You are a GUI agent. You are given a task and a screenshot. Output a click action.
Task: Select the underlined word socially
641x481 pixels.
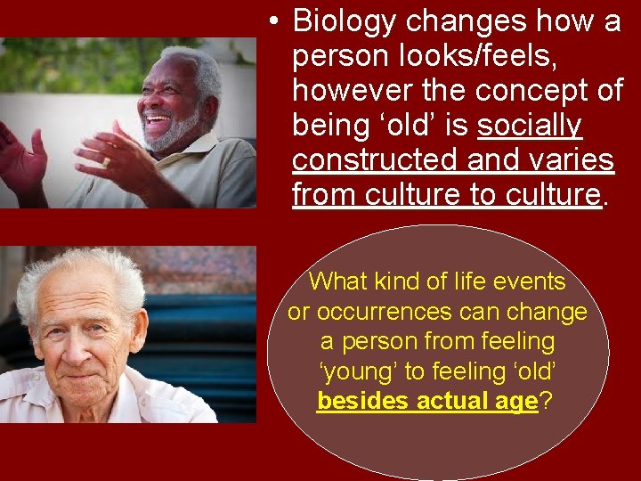click(x=530, y=126)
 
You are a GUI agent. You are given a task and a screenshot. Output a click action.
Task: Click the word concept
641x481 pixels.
click(x=525, y=90)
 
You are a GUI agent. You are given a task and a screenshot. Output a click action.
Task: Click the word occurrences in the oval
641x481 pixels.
click(x=405, y=312)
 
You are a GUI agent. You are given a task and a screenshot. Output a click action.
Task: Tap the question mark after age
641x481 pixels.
click(x=546, y=401)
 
